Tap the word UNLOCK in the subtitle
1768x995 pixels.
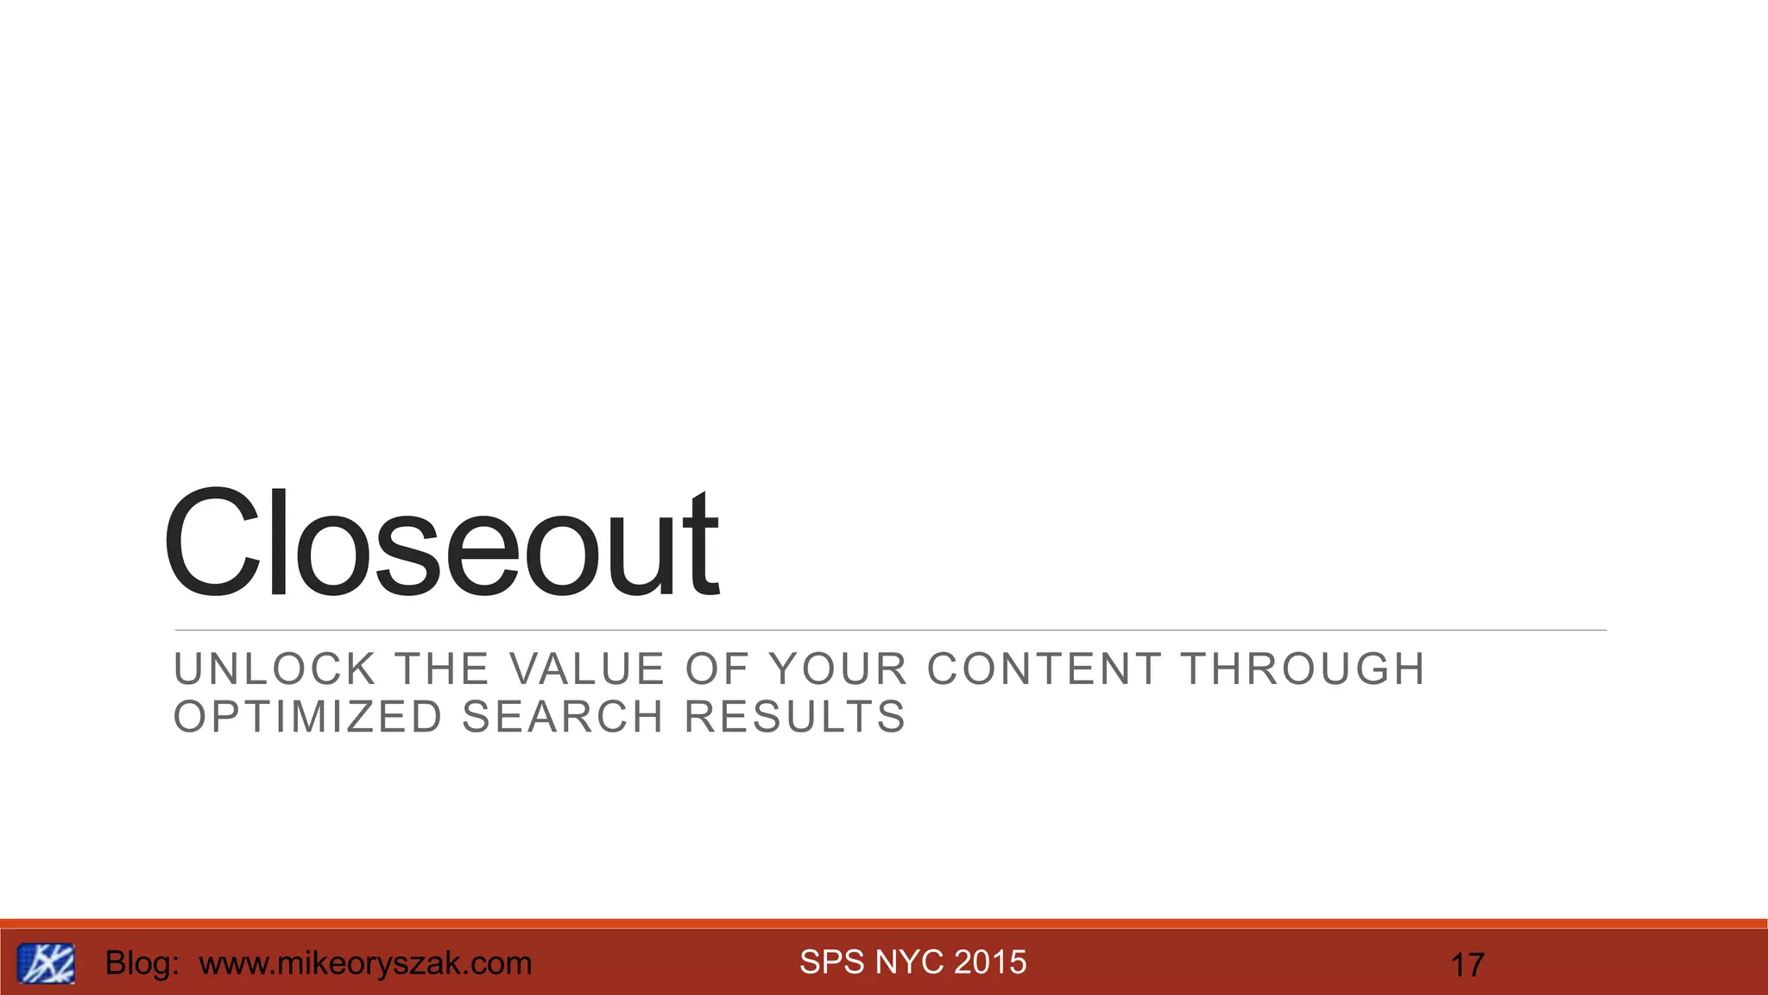pos(275,669)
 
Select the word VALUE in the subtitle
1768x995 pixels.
pos(587,669)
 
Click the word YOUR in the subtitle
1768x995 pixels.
pos(838,669)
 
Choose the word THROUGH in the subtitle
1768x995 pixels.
pos(1303,669)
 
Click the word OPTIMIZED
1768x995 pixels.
pos(308,717)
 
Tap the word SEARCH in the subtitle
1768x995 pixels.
pos(563,717)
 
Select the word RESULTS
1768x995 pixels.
pos(795,717)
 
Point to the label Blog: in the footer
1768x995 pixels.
pos(142,963)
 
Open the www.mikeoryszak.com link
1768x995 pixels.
pos(365,963)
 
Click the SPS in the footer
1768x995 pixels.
pos(832,962)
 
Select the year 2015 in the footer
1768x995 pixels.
pos(991,962)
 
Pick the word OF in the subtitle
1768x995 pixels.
pos(717,669)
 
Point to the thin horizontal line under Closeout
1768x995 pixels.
pos(890,631)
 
